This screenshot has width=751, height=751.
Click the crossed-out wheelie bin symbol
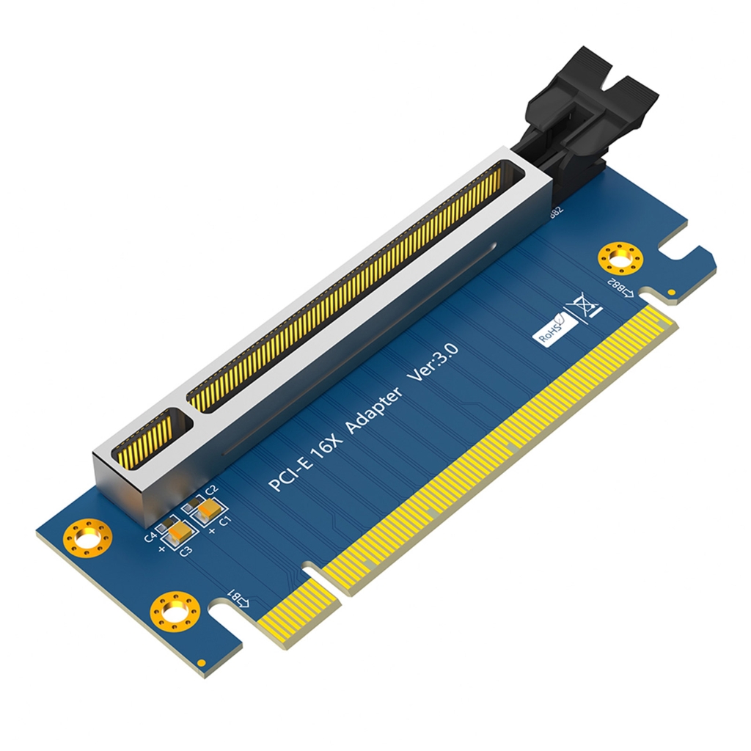[x=583, y=305]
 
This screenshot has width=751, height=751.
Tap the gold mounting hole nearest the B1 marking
[x=175, y=610]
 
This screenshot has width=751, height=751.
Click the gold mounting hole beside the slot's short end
[x=87, y=540]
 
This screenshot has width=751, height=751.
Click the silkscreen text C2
[x=212, y=490]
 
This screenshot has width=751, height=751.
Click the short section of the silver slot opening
[x=153, y=439]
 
